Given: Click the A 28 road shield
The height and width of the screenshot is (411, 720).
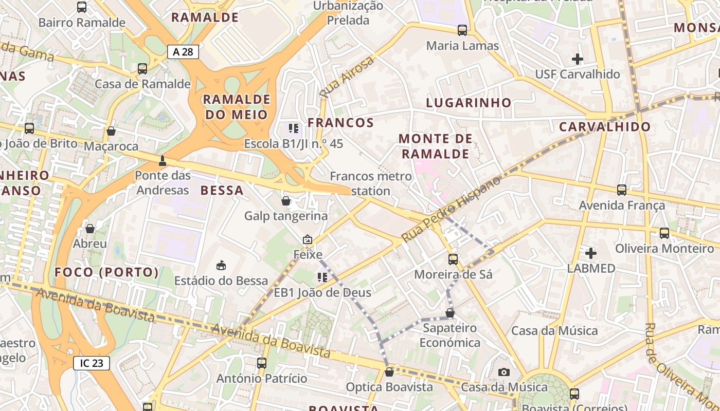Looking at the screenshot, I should [x=183, y=51].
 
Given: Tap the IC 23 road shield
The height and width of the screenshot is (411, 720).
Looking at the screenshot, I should [x=92, y=363].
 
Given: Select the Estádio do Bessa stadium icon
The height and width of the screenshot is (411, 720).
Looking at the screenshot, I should [x=221, y=265].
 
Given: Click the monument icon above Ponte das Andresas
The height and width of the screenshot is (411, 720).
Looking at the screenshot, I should [x=163, y=161].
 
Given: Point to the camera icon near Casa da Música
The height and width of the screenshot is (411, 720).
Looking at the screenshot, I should [x=504, y=372].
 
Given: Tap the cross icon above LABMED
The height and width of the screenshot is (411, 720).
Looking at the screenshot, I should [x=591, y=253].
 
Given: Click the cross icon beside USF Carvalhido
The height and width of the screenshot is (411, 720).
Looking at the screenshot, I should [x=578, y=59].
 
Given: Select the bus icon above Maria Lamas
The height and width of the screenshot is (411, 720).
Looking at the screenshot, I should [x=462, y=30].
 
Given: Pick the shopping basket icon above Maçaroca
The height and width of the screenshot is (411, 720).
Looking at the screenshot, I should [x=111, y=131].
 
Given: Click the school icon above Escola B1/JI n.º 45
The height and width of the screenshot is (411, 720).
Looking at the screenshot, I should [x=294, y=128].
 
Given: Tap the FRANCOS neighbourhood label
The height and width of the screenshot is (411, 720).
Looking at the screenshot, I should [x=340, y=123].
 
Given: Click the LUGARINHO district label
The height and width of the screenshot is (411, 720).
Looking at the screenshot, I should [x=469, y=103].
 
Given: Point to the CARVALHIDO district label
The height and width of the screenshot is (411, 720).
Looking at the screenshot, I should [x=605, y=127].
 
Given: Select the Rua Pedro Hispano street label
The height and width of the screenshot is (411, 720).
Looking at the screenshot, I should [x=451, y=210].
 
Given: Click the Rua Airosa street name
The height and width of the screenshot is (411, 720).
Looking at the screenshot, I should [x=347, y=78].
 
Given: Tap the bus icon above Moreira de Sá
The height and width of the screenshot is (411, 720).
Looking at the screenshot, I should [x=453, y=259].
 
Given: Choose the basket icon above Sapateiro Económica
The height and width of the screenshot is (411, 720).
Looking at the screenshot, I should [x=450, y=313].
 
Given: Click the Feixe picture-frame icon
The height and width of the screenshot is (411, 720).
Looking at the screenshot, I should [x=308, y=239].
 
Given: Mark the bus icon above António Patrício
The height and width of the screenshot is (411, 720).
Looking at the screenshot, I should [x=262, y=363].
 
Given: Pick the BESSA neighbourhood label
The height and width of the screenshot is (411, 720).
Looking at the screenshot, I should [x=222, y=191].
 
